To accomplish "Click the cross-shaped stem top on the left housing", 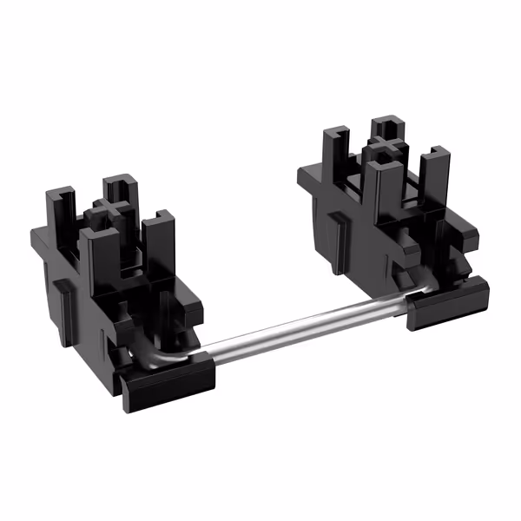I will tap(110, 208).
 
